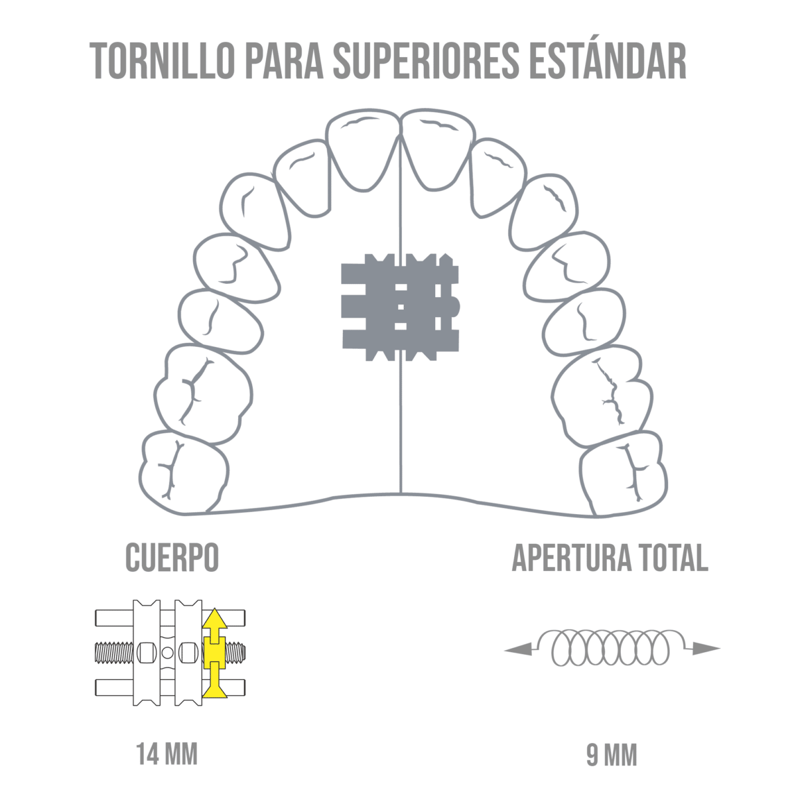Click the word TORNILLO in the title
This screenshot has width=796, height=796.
(163, 61)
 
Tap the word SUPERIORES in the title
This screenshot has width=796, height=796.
(426, 61)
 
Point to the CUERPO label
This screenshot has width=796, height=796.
(172, 558)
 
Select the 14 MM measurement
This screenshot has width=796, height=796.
(167, 754)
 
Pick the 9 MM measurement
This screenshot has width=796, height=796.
(611, 756)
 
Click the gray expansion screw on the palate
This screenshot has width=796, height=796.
(400, 307)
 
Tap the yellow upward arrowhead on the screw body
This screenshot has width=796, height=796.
(214, 621)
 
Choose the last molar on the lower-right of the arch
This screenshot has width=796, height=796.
(622, 472)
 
